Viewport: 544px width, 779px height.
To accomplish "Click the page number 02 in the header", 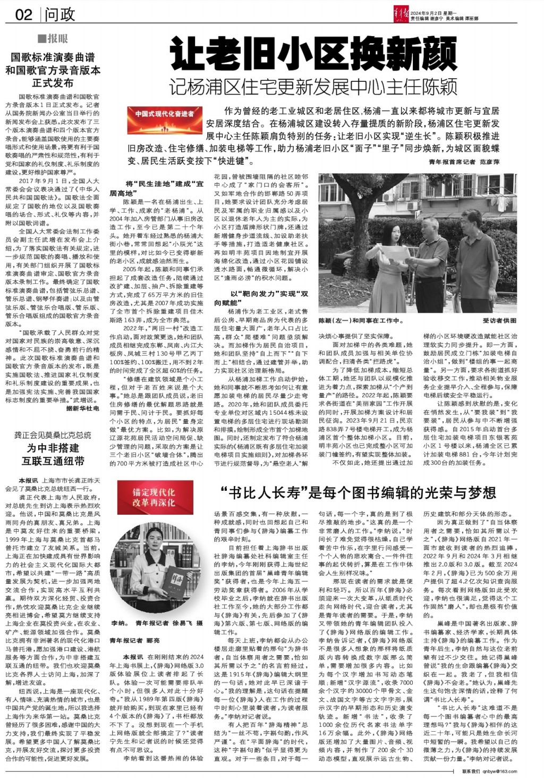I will (24, 14).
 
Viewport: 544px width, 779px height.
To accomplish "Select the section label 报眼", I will (53, 38).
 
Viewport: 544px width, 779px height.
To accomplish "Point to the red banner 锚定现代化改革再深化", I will (154, 498).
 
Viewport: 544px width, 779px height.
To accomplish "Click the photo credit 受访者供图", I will (499, 321).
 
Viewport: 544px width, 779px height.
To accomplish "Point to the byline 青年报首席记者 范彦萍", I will (464, 162).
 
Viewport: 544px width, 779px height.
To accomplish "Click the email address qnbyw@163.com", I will (499, 772).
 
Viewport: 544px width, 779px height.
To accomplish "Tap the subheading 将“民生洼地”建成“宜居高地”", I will (157, 188).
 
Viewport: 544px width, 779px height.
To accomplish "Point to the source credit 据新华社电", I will (82, 409).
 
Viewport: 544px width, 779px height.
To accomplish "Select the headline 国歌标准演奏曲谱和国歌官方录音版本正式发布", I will (53, 70).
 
